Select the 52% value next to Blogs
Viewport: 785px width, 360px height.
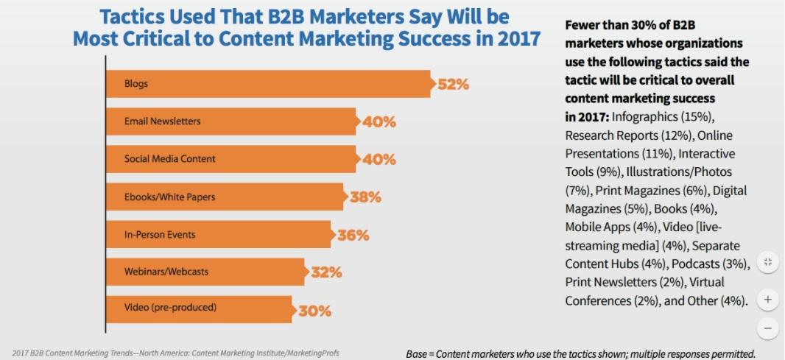[453, 84]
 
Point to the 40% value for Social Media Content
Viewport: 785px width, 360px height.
[379, 160]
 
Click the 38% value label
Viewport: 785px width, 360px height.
[365, 197]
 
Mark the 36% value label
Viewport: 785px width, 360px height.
[353, 236]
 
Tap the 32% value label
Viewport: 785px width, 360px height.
[326, 272]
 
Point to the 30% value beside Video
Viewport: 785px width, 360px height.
[314, 311]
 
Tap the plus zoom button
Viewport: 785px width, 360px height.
[767, 300]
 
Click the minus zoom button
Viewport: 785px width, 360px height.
[767, 328]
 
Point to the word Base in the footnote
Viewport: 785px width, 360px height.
[420, 354]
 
